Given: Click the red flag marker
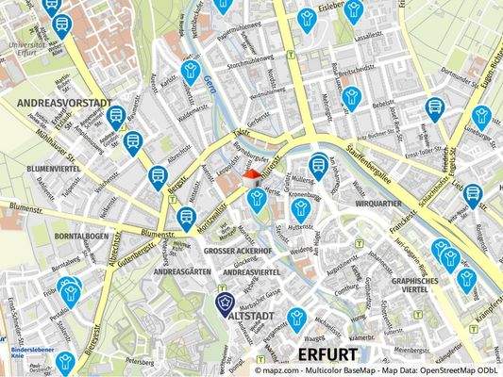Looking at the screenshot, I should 251,175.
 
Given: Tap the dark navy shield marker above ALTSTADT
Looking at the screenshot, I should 225,303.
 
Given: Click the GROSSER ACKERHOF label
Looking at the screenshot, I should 238,253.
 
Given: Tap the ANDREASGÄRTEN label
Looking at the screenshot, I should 182,270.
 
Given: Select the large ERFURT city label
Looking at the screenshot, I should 327,354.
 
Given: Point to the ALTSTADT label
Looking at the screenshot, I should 249,318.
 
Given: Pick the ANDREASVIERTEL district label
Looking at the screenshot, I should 249,271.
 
